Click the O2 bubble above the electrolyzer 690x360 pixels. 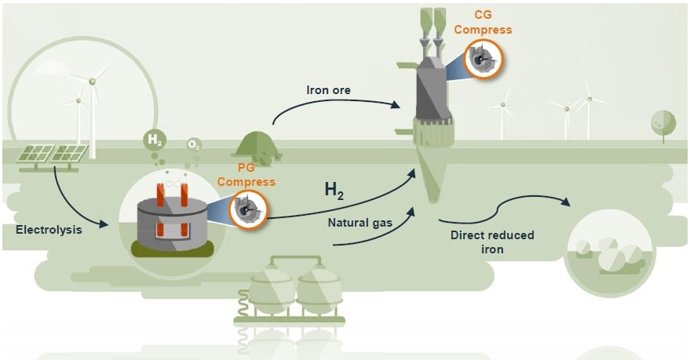click(196, 146)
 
